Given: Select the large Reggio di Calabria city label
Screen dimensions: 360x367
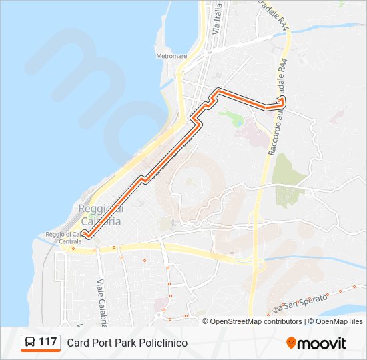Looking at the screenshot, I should pyautogui.click(x=100, y=215).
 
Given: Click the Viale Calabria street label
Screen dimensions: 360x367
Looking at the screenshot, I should pyautogui.click(x=102, y=303).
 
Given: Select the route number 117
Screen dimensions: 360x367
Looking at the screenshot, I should pyautogui.click(x=47, y=342).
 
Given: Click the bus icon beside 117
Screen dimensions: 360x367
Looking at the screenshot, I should pyautogui.click(x=30, y=343).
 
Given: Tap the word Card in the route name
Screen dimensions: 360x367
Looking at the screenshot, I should pyautogui.click(x=77, y=343).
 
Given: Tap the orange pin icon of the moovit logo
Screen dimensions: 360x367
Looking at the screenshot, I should pyautogui.click(x=291, y=343).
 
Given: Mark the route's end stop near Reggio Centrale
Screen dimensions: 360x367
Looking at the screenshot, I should pyautogui.click(x=85, y=233).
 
